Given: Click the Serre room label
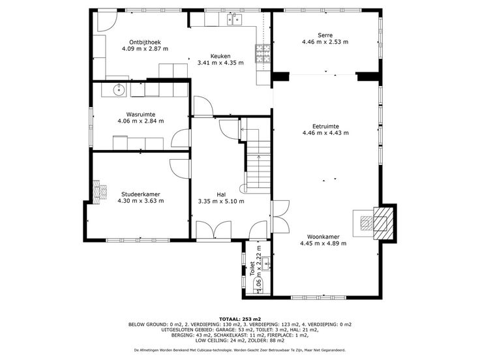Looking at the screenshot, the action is click(x=325, y=35).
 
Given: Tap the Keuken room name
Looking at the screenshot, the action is click(x=220, y=56).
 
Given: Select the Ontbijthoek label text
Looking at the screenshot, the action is click(x=145, y=42).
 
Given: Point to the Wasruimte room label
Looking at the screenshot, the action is click(x=141, y=115).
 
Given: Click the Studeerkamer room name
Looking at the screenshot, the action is click(x=141, y=194).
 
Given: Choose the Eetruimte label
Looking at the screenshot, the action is click(x=325, y=127).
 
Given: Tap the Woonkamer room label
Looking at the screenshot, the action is click(x=323, y=237).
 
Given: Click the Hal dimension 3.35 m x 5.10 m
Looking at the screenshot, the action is click(x=221, y=202).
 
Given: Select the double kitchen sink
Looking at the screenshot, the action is click(x=234, y=20).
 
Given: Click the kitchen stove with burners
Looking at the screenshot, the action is click(x=263, y=53).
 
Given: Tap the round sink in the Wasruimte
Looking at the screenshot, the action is click(x=119, y=90).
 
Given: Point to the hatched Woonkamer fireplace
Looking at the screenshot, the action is click(x=383, y=223).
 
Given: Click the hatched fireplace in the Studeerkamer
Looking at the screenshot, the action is click(x=100, y=192).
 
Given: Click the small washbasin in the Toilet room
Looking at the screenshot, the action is click(x=267, y=264).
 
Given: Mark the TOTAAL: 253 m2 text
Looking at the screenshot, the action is click(x=240, y=319).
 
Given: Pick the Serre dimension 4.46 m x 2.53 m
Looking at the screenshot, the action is click(x=325, y=42).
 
